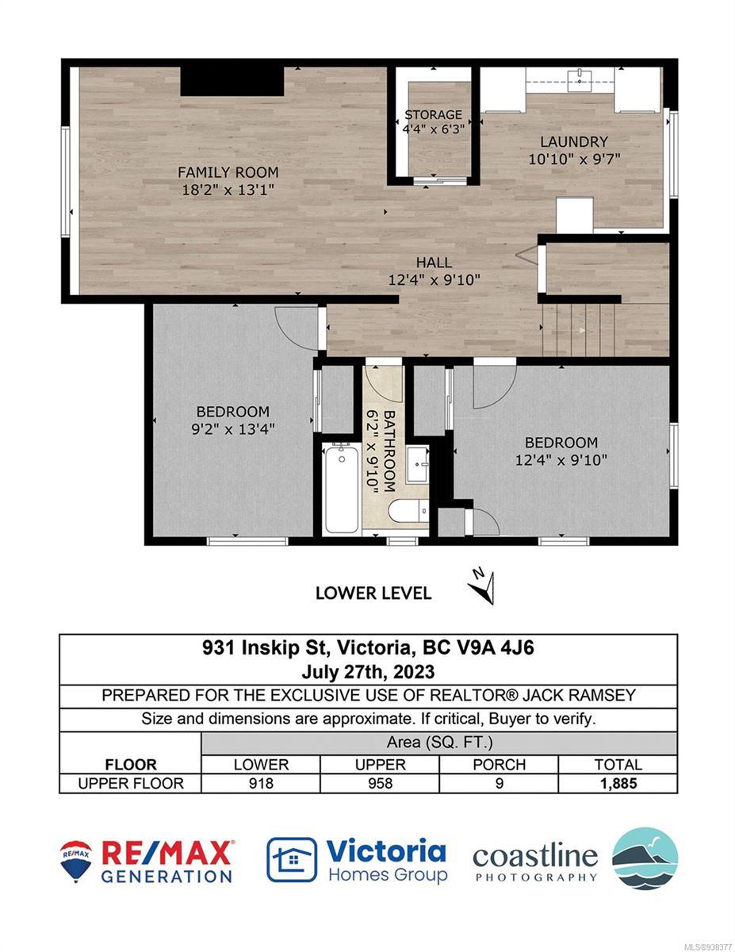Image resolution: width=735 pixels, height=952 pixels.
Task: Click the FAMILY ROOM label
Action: click(228, 172)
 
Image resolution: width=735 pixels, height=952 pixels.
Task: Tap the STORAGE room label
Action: click(433, 115)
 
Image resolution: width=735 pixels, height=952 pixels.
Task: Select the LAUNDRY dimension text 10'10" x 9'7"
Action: click(574, 159)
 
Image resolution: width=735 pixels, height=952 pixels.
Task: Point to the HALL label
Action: click(434, 263)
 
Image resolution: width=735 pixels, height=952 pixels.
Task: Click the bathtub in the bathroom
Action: click(342, 489)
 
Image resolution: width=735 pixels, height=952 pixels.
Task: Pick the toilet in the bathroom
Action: click(409, 511)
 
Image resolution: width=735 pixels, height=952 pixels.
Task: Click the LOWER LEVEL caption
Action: click(373, 593)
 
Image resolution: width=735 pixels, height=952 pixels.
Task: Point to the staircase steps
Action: click(578, 330)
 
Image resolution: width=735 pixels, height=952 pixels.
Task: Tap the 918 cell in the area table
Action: click(261, 783)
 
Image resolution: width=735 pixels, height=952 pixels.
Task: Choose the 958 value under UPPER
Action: click(380, 783)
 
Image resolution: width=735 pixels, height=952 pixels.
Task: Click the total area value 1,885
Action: click(618, 783)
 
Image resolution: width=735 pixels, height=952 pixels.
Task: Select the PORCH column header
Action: click(499, 765)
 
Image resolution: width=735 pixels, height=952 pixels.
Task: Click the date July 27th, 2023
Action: click(368, 673)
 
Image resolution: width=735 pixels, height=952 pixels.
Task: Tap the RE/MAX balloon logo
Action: click(76, 861)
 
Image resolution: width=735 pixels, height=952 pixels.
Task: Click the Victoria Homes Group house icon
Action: click(292, 859)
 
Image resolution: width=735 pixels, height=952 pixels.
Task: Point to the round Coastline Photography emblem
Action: click(645, 858)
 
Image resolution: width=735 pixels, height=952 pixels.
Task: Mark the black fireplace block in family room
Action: click(232, 82)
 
